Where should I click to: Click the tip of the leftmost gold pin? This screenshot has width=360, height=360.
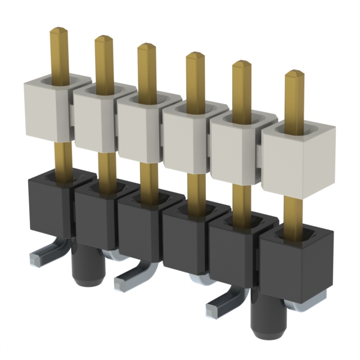point(59,31)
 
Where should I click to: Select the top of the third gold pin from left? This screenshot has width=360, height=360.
point(147,48)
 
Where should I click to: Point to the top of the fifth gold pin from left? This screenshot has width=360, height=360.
point(242,65)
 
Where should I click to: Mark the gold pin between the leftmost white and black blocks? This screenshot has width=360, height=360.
point(63,157)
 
